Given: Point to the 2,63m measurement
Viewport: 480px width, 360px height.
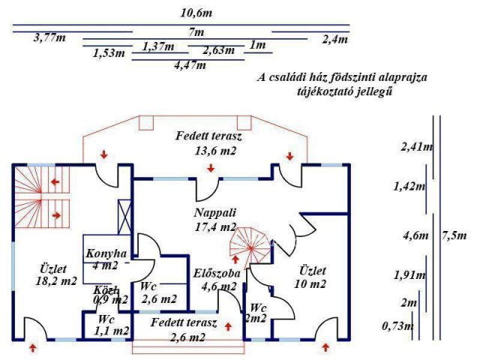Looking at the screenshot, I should pyautogui.click(x=218, y=50).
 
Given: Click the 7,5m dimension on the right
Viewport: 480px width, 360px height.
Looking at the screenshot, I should pyautogui.click(x=454, y=235).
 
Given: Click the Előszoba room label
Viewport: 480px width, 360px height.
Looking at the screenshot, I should pyautogui.click(x=217, y=273).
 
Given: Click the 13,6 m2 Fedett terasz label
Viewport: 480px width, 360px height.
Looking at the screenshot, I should pyautogui.click(x=209, y=143).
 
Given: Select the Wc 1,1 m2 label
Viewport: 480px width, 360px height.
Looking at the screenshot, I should pyautogui.click(x=106, y=324).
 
